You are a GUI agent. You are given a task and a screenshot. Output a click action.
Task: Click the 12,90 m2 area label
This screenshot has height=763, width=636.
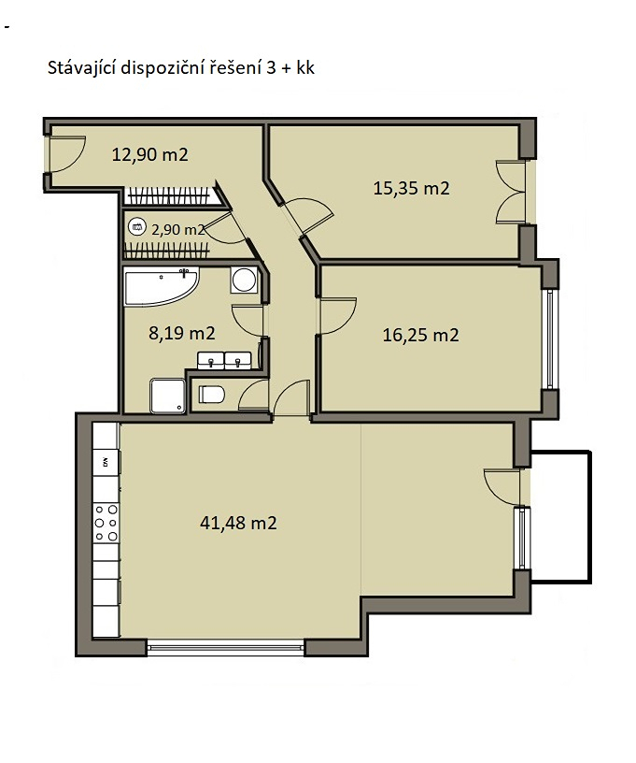(x=149, y=154)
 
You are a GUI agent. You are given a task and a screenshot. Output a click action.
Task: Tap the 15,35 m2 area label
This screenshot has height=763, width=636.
(x=411, y=188)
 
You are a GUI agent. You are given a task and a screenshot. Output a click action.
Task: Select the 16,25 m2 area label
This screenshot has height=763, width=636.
(x=421, y=335)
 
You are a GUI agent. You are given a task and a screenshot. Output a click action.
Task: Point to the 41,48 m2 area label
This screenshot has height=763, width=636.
(x=238, y=523)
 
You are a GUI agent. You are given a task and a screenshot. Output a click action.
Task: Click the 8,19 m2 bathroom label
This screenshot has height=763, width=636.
(x=182, y=333)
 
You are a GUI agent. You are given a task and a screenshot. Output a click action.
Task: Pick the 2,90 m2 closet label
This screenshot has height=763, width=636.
(x=177, y=230)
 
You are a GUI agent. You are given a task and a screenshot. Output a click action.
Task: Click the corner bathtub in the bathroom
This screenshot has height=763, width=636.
(x=162, y=286)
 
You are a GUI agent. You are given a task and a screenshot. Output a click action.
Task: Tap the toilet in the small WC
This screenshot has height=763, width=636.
(x=211, y=395)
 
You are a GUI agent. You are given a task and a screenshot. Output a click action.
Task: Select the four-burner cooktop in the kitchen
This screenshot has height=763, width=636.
(x=106, y=523)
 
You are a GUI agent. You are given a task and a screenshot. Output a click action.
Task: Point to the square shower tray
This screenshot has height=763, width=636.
(x=167, y=396)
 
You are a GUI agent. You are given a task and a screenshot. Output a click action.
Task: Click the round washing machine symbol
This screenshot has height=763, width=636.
(x=244, y=280)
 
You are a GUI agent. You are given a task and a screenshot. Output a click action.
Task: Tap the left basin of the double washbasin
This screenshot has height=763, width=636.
(x=210, y=361)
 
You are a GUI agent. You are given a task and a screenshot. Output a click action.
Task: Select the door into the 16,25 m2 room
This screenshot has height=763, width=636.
(x=337, y=316)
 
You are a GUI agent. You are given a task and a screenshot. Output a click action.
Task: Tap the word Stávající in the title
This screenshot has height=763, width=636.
(x=80, y=68)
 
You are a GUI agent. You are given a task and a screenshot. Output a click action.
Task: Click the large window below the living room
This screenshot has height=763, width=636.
(x=225, y=648)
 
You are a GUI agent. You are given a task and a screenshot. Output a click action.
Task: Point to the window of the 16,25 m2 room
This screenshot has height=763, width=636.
(x=550, y=339)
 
